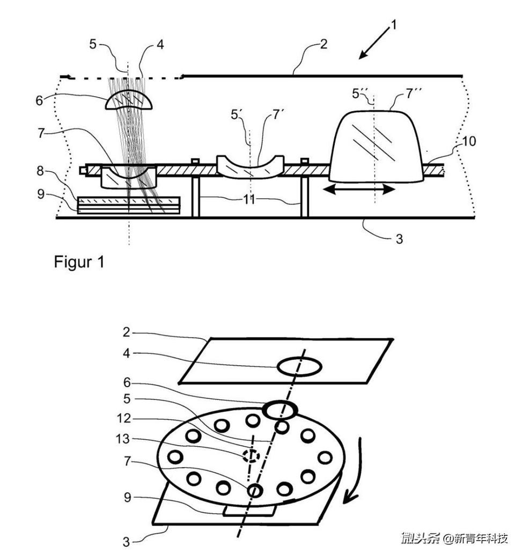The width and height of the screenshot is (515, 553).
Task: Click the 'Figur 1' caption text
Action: [x=79, y=262]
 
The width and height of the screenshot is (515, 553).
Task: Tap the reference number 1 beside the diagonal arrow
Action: [x=394, y=25]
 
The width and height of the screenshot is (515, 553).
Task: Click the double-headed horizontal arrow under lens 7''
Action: [x=359, y=190]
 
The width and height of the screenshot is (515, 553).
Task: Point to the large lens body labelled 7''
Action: [x=376, y=147]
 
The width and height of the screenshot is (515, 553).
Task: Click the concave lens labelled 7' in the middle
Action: [x=251, y=166]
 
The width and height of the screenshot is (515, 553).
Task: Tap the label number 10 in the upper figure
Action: [x=469, y=141]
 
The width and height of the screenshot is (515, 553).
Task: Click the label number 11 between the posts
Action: [x=249, y=200]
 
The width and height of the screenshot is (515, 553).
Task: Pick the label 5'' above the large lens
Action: [x=359, y=93]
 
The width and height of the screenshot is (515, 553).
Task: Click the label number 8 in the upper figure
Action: [x=41, y=171]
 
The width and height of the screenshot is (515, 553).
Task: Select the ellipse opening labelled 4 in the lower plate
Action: [x=299, y=367]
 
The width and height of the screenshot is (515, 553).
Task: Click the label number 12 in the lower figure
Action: [x=124, y=418]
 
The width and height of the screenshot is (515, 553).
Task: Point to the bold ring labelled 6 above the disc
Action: [x=281, y=410]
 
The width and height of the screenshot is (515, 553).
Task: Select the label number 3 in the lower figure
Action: [x=126, y=542]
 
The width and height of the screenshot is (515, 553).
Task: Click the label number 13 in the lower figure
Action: [x=123, y=439]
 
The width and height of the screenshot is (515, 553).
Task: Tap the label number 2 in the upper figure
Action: [x=323, y=45]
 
